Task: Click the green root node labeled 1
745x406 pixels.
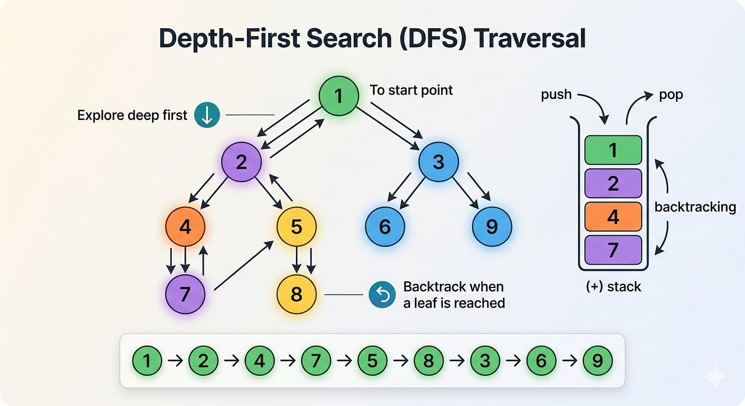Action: coord(338,96)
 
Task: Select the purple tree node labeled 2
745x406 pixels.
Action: coord(242,162)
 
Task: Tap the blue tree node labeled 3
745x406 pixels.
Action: coord(438,162)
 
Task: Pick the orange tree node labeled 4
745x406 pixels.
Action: coord(185,226)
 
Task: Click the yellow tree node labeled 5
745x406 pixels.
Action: coord(296,226)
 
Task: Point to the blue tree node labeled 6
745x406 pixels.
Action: coord(385,226)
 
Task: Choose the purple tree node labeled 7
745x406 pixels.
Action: coord(185,294)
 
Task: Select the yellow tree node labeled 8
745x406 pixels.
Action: coord(296,294)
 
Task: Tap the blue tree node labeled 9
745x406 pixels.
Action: coord(492,226)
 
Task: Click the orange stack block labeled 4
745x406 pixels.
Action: coord(613,217)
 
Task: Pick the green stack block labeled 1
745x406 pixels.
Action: coord(613,150)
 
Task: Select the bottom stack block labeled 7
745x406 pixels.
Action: coord(613,250)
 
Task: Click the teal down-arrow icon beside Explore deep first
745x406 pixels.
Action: coord(207,115)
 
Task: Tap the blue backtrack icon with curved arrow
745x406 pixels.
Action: coord(382,295)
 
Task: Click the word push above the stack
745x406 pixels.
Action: coord(556,95)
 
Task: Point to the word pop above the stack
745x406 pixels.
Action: coord(671,95)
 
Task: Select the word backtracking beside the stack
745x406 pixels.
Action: coord(695,207)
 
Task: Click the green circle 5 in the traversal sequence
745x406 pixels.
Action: coord(372,360)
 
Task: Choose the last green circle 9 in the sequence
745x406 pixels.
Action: coord(598,360)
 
